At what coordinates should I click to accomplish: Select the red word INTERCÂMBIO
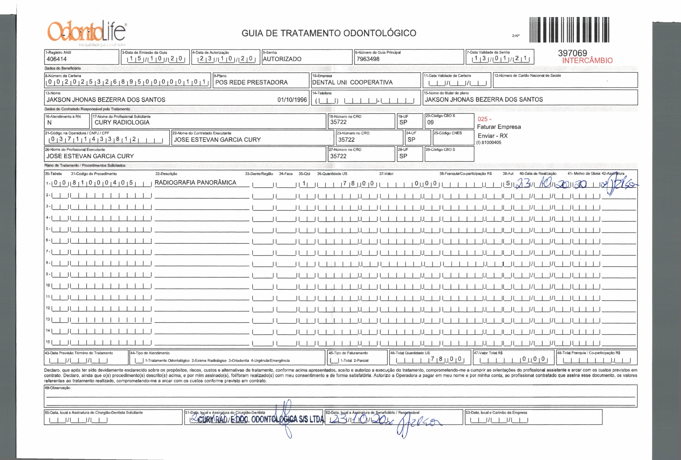tap(587, 61)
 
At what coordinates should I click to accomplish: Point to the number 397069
tap(572, 53)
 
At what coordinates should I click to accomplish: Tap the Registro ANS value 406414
tap(57, 59)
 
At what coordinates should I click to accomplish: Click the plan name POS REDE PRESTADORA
tap(251, 82)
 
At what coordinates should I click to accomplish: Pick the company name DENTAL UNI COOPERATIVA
tap(352, 82)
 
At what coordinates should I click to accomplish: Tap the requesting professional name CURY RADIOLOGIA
tap(122, 122)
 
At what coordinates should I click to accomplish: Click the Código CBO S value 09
tap(430, 122)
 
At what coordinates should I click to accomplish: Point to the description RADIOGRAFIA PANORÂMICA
tap(195, 183)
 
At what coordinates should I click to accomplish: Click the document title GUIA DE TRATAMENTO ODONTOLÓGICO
tap(329, 33)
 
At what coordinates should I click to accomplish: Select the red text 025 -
tap(484, 119)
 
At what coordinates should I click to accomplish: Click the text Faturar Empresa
tap(499, 127)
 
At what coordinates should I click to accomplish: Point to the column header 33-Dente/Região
tap(259, 174)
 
